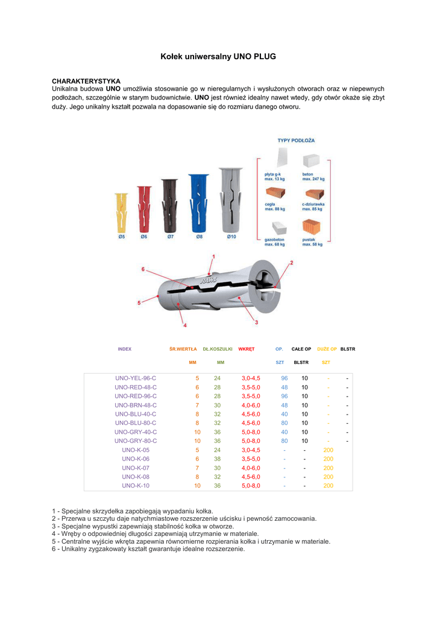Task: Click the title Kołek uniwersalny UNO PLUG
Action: coord(218,56)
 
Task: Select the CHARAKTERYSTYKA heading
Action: coord(86,81)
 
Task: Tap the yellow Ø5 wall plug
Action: coord(122,212)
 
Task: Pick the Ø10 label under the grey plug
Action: coord(231,237)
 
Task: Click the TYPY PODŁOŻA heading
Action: coord(296,140)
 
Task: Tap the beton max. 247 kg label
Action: coord(313,177)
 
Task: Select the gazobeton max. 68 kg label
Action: coord(275,242)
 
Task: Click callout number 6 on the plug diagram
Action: coord(143,269)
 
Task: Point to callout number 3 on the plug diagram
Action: coord(256,322)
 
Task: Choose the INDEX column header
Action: coord(125,349)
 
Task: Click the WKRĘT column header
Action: coord(247,349)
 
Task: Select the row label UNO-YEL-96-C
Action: coord(136,378)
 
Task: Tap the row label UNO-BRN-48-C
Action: coord(136,405)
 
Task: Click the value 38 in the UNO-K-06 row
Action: coord(218,459)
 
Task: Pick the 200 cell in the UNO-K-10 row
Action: coord(328,485)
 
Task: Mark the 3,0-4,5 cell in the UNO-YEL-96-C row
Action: coord(251,378)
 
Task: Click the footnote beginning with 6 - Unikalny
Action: coord(148,549)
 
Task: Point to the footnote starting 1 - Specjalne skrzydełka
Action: coord(133,511)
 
